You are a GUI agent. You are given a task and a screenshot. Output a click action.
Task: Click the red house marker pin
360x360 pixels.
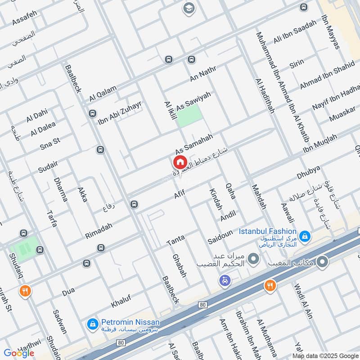[179, 162]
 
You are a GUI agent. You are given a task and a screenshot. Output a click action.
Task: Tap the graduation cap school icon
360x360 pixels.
[188, 8]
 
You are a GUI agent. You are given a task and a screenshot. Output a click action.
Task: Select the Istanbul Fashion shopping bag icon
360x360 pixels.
[305, 235]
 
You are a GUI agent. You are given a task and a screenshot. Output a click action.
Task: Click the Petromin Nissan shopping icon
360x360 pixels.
[92, 324]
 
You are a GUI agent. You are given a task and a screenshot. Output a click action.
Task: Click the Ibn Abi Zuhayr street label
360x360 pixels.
[120, 113]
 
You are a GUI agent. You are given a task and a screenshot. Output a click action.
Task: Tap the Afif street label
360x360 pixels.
[180, 194]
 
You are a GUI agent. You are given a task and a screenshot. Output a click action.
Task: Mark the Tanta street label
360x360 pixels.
[176, 240]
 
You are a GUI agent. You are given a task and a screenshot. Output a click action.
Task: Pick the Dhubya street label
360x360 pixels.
[308, 172]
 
